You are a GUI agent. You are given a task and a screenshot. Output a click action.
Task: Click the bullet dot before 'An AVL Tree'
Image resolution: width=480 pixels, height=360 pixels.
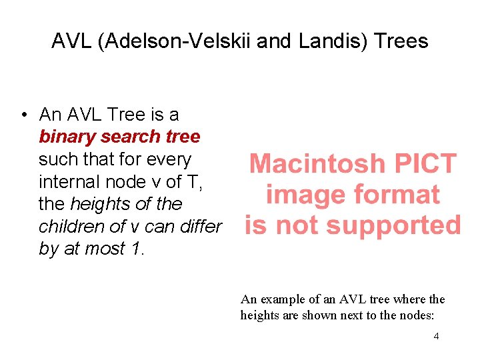(x=23, y=115)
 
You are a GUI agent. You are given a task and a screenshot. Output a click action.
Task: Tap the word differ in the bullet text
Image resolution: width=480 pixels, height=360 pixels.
(x=199, y=227)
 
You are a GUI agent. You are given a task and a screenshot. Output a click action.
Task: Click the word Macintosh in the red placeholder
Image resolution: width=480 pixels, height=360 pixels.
(x=317, y=164)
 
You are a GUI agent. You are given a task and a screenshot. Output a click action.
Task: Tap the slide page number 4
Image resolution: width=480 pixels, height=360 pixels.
(x=436, y=336)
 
